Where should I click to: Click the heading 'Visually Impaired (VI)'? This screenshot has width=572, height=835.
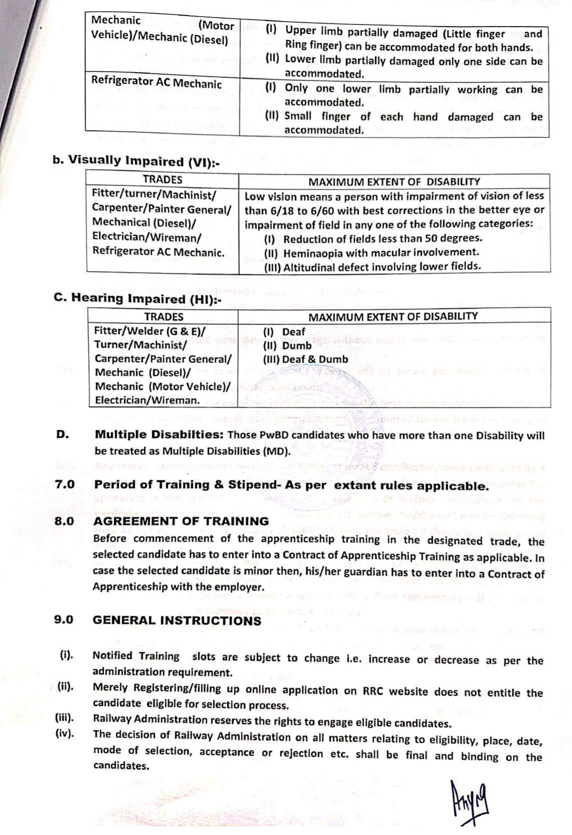[136, 161]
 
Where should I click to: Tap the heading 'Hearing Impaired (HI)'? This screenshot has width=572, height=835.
[138, 299]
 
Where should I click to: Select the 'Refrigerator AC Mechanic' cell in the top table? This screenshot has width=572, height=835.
[156, 83]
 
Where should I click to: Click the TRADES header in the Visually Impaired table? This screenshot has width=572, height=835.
[162, 180]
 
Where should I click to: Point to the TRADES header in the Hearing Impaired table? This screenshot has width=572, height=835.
[164, 317]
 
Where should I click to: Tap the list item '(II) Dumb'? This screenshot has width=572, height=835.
[283, 345]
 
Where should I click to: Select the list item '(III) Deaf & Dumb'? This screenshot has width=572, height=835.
[305, 359]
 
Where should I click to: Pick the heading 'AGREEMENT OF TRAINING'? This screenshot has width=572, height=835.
[181, 521]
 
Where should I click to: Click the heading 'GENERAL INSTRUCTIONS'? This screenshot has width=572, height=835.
[177, 621]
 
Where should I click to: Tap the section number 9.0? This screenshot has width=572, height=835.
[64, 620]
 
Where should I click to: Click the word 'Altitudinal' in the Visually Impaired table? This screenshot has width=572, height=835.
[310, 267]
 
